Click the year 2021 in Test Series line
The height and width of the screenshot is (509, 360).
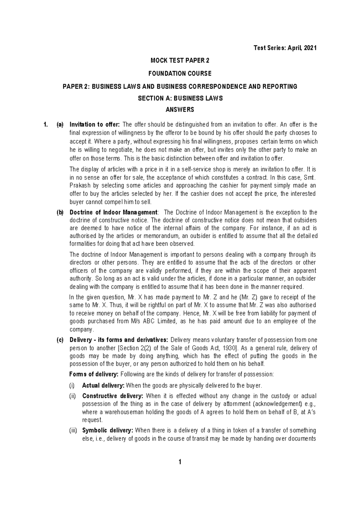[310, 48]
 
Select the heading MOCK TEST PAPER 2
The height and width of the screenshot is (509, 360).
[180, 61]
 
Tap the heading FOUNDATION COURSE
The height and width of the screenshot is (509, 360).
[180, 73]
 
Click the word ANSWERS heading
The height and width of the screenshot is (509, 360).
[180, 110]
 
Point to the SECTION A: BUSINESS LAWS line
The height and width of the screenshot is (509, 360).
[180, 98]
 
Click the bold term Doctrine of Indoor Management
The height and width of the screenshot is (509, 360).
[113, 213]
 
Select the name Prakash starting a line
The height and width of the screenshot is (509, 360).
[79, 186]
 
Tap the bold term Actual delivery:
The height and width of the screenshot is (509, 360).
[103, 385]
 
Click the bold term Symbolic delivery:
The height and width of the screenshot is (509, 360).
[107, 431]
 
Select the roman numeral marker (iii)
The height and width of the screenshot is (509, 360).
[73, 431]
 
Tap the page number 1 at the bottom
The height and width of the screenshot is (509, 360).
[180, 470]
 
